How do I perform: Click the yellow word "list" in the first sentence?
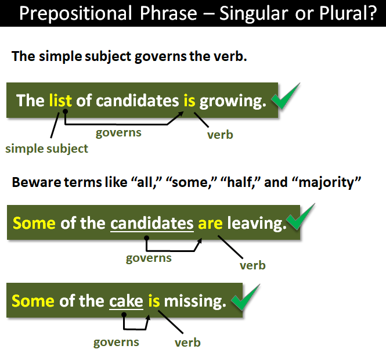[x=60, y=100]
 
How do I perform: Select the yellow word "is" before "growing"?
[x=189, y=100]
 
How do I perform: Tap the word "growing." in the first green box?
[x=233, y=101]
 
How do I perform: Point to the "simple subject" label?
[x=46, y=149]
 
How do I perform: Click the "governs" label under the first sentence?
[x=118, y=132]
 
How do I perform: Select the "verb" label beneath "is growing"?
[x=220, y=135]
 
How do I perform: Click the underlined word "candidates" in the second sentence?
[x=151, y=223]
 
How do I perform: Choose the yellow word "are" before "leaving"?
[x=210, y=223]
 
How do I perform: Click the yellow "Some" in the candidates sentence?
[x=34, y=223]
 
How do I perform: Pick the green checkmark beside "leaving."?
[x=301, y=218]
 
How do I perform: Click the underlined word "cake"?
[x=126, y=301]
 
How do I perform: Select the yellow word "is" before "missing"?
[x=153, y=301]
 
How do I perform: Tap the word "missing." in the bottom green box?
[x=194, y=301]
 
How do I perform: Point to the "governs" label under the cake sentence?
[x=117, y=341]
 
